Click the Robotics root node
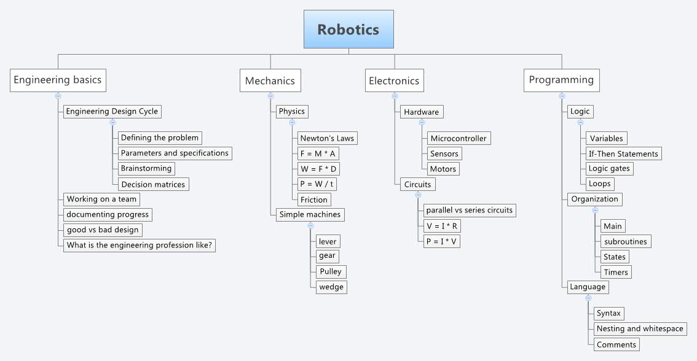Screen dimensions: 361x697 click(x=348, y=29)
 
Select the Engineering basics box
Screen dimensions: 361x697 click(x=58, y=80)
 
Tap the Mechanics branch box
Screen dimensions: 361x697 click(x=270, y=80)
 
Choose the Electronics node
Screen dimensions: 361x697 click(x=394, y=80)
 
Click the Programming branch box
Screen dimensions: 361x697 click(x=561, y=80)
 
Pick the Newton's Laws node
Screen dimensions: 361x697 click(x=327, y=138)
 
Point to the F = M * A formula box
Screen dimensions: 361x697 click(x=318, y=153)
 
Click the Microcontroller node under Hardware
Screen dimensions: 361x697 click(x=459, y=138)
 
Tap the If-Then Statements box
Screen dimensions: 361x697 click(x=623, y=153)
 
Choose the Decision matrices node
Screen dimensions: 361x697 click(x=153, y=184)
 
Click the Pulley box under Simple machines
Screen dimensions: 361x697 click(x=330, y=271)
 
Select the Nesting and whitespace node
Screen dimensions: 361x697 click(x=640, y=328)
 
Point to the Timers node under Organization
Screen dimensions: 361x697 click(x=615, y=272)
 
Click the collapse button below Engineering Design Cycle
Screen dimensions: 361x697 click(x=112, y=123)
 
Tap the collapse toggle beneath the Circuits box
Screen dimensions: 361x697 click(x=418, y=195)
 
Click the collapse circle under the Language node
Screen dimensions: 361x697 click(x=588, y=298)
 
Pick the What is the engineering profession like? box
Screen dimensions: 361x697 click(x=140, y=245)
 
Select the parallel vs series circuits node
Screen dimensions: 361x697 click(x=469, y=210)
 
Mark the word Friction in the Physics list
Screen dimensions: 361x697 click(x=314, y=200)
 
